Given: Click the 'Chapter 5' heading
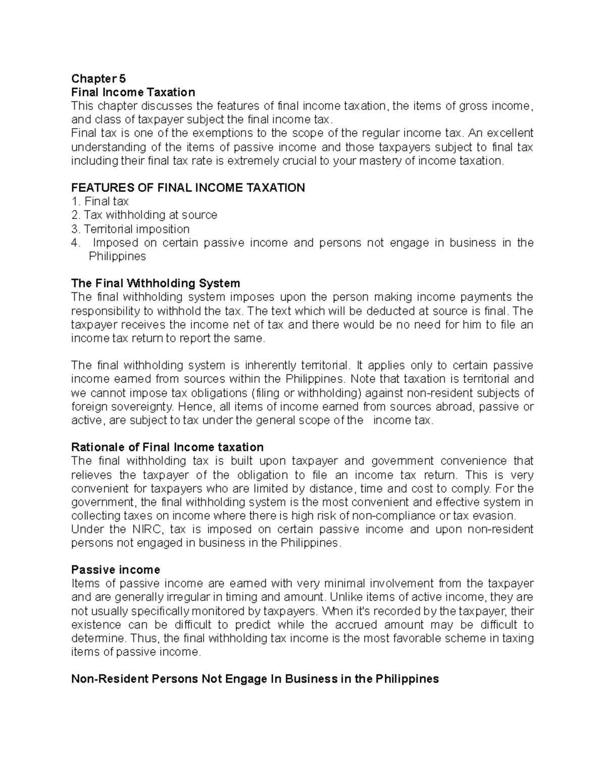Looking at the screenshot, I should tap(98, 79).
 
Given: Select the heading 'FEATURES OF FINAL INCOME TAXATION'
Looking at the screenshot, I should tap(188, 188).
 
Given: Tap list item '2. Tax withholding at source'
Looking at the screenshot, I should tap(144, 215).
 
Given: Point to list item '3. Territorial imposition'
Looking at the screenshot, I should tap(130, 229).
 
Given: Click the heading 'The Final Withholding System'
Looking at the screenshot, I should tap(156, 283).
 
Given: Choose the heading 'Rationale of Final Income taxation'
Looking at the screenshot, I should tap(167, 447).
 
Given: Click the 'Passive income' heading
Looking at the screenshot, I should tap(116, 570).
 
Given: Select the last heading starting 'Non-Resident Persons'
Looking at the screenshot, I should tap(255, 679).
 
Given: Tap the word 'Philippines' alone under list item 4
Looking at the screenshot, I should tap(117, 256).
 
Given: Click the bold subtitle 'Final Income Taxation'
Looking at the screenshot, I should tap(133, 92).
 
